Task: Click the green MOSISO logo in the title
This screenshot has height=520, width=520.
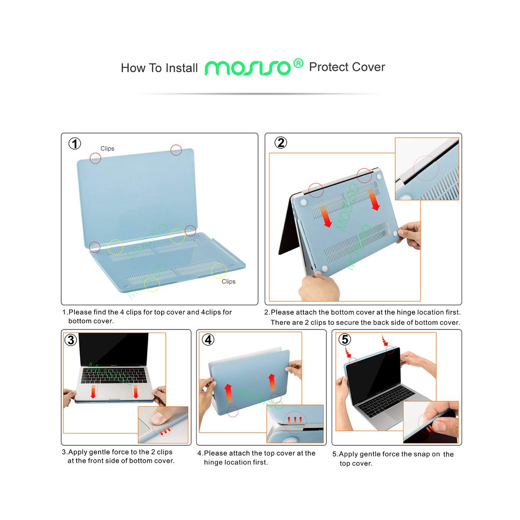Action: click(248, 68)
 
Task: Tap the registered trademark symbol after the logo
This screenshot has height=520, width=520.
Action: click(298, 63)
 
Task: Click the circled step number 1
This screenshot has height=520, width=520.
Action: click(75, 144)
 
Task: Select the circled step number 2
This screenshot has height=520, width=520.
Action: click(281, 142)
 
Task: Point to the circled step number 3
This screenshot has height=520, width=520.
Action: click(71, 340)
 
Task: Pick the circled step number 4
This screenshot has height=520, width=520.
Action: click(208, 339)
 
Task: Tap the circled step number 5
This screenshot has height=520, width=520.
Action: click(345, 339)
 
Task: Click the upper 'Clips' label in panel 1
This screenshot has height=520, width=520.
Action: click(107, 148)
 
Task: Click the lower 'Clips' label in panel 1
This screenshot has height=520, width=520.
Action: click(228, 281)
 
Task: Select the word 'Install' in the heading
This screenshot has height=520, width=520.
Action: click(182, 68)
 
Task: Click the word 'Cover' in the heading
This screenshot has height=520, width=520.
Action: click(369, 67)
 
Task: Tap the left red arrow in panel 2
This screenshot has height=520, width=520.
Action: click(325, 217)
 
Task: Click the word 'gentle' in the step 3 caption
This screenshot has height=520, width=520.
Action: click(104, 452)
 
